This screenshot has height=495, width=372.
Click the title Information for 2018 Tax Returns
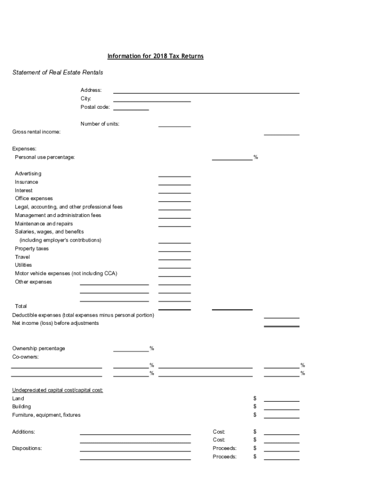155,56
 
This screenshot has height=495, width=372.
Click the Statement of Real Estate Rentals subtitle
57,73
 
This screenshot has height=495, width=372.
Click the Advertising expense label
28,174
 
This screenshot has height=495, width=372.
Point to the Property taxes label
32,248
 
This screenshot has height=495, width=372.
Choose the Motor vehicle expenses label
66,274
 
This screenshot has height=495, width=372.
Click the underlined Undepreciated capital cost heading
57,390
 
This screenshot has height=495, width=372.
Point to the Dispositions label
27,448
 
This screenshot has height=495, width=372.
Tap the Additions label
24,432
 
